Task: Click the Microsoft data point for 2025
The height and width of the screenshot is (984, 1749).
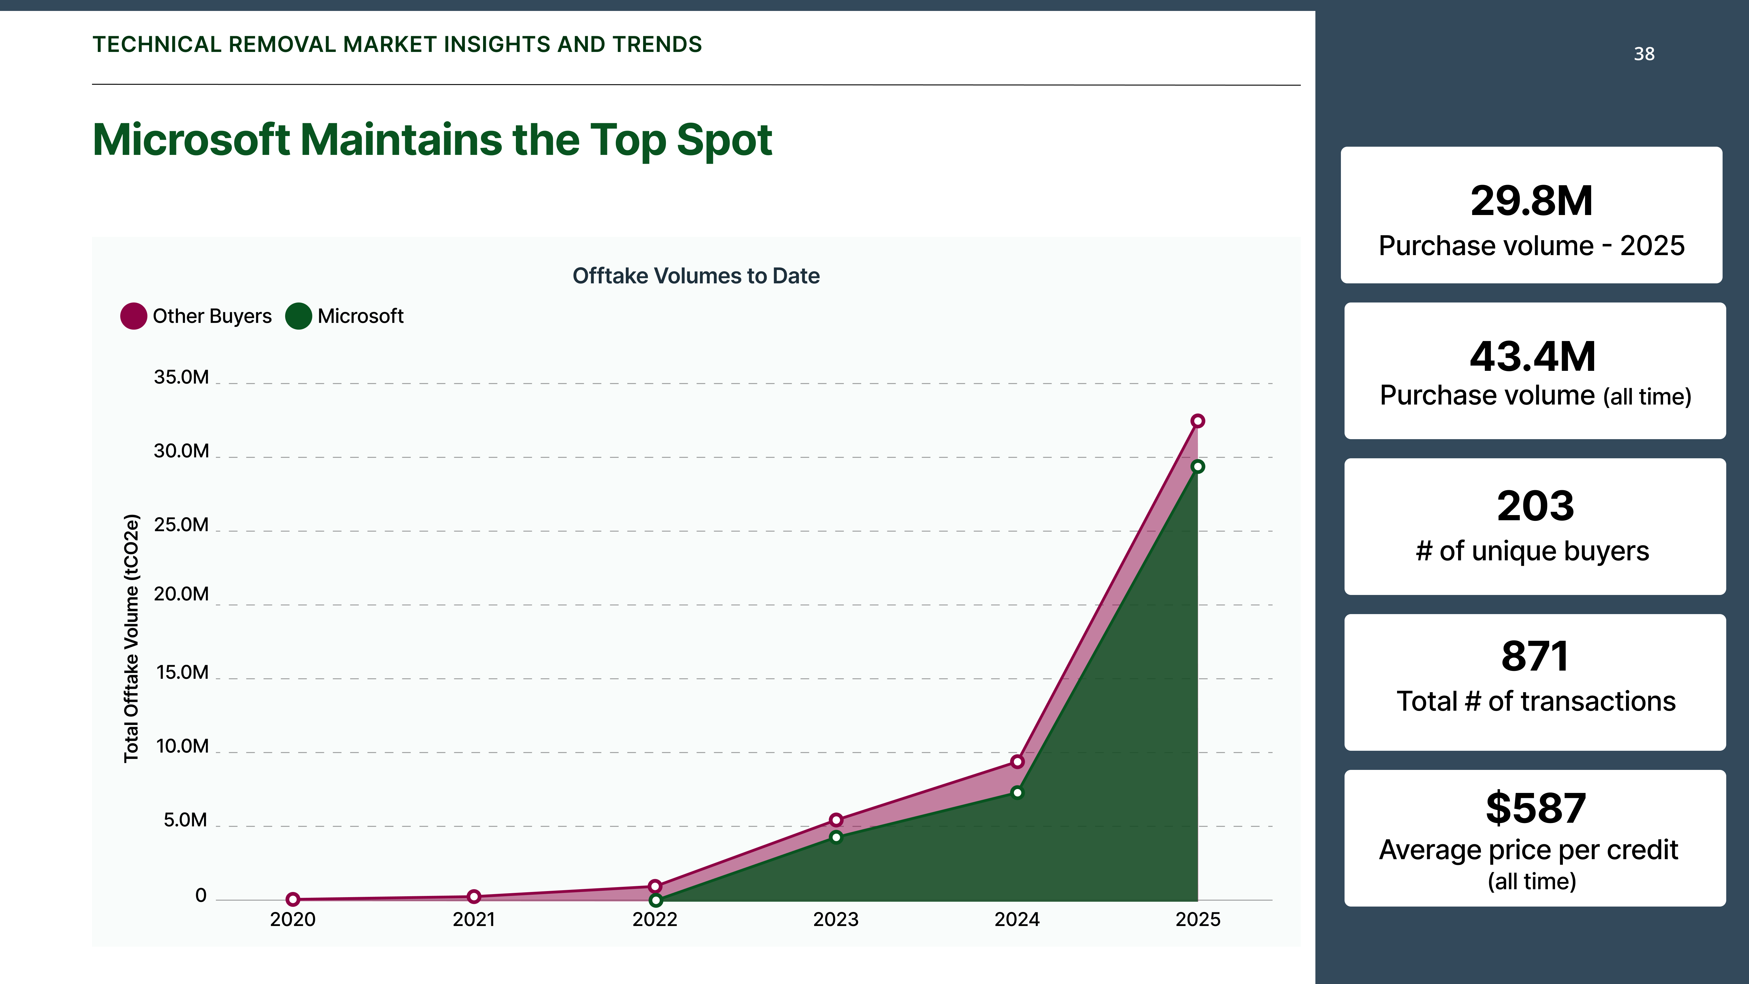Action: [x=1198, y=466]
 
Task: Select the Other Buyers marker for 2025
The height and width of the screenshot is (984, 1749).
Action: [x=1198, y=421]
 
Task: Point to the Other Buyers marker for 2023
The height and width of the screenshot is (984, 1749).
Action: [x=836, y=820]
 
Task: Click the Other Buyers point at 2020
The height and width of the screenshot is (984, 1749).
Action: [x=293, y=899]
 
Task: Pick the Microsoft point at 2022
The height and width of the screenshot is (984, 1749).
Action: [x=655, y=900]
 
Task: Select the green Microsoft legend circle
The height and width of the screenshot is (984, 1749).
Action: [x=298, y=316]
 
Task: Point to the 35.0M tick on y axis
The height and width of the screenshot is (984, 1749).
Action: [x=181, y=378]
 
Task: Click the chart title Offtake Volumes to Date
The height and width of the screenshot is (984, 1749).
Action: [x=696, y=276]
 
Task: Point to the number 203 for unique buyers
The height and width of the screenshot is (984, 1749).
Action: [x=1535, y=507]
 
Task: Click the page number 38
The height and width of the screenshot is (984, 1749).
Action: [x=1644, y=54]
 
